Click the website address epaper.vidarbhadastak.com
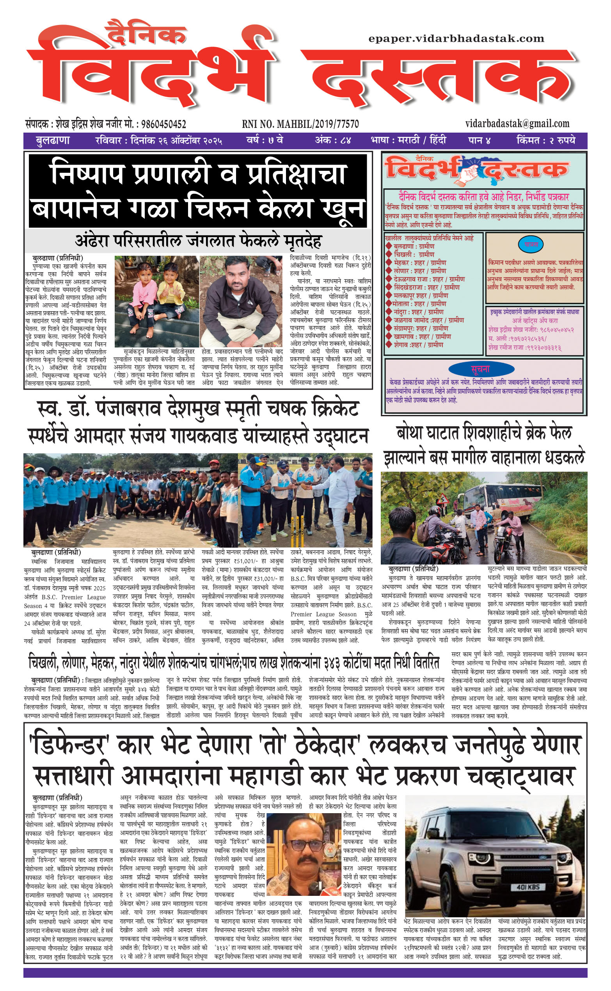point(456,39)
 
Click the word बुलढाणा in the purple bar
point(53,140)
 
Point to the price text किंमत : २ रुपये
point(545,140)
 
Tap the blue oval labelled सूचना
point(480,369)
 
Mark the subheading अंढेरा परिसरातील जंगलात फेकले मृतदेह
point(198,241)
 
